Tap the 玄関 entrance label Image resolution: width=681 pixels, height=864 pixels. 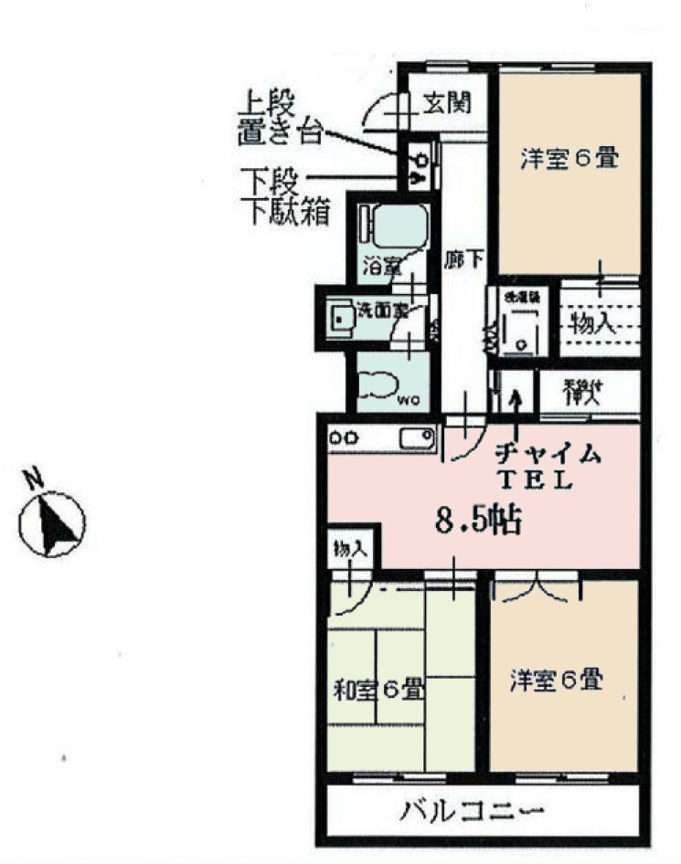[446, 103]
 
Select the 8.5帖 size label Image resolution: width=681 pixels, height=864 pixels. [478, 522]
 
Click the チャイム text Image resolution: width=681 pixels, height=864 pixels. [548, 452]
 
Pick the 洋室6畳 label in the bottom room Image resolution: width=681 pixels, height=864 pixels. [556, 680]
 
